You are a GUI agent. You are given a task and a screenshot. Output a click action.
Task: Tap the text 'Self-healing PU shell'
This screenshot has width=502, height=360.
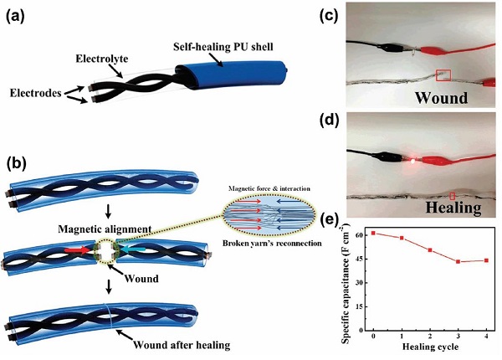coord(223,47)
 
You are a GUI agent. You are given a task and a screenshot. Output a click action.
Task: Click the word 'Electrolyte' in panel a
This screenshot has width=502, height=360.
coord(102,59)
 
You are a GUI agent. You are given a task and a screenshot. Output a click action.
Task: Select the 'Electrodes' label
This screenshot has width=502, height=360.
coord(35,93)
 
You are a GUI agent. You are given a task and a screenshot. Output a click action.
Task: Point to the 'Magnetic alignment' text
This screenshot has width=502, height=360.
coord(105,229)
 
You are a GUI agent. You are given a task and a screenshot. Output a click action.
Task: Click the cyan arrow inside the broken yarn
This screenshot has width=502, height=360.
coord(134,250)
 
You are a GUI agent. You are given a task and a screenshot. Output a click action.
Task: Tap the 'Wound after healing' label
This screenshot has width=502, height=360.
coord(182,345)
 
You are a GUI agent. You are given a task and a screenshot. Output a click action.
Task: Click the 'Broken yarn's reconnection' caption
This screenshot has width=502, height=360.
coord(272,243)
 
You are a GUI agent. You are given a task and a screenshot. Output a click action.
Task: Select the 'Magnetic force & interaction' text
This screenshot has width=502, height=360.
coord(269,188)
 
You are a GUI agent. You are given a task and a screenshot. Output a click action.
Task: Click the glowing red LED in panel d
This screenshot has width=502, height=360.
coord(413,162)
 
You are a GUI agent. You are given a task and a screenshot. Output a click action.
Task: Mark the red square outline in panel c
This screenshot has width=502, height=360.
coord(443,75)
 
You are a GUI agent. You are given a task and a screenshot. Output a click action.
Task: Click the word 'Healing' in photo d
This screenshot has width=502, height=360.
coord(453,208)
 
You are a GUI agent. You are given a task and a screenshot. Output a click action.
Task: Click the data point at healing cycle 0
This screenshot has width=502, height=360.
coord(373,233)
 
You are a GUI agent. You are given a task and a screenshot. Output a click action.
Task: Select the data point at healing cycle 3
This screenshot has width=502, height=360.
coord(458,262)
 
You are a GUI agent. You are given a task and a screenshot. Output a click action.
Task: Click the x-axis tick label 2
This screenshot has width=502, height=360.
coord(430,336)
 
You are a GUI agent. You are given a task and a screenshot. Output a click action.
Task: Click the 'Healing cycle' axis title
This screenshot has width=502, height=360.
coord(430,347)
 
